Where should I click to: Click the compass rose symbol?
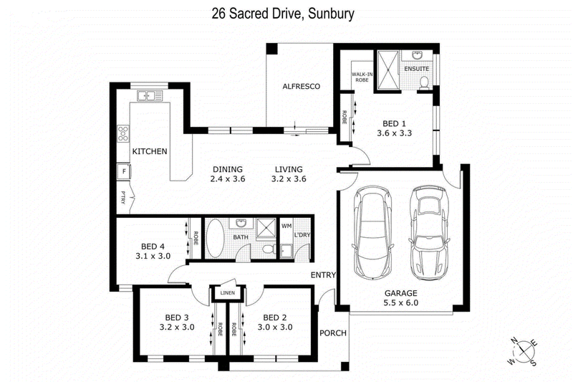click(x=524, y=351)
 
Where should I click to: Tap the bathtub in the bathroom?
click(x=215, y=239)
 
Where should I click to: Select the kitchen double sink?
click(x=150, y=96)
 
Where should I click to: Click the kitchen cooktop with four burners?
click(x=123, y=134)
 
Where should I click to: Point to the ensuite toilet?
click(x=424, y=82)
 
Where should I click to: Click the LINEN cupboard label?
click(x=227, y=293)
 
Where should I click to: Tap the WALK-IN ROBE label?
click(x=362, y=77)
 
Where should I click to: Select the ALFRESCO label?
click(x=301, y=86)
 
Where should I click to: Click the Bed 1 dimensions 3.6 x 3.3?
click(x=395, y=133)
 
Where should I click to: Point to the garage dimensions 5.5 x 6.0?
click(x=401, y=302)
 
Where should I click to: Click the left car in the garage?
click(x=372, y=233)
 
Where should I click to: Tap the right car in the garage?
click(x=429, y=233)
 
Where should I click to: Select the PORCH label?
click(x=333, y=333)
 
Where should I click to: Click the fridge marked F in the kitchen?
click(x=124, y=171)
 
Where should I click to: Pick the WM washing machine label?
click(x=286, y=226)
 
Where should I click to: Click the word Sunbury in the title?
click(x=331, y=14)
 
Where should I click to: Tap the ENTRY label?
click(x=323, y=275)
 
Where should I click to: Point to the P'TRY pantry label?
click(x=123, y=198)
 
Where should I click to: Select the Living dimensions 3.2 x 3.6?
click(x=289, y=178)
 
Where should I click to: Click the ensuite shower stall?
click(x=389, y=70)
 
